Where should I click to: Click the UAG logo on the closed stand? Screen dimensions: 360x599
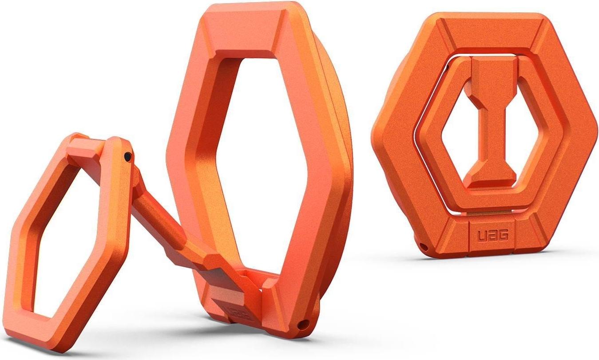tap(493, 236)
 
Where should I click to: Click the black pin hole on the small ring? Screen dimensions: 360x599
tap(128, 156)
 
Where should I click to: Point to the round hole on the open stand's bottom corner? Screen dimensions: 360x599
tap(303, 326)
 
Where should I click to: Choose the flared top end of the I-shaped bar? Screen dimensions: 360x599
tap(493, 71)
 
